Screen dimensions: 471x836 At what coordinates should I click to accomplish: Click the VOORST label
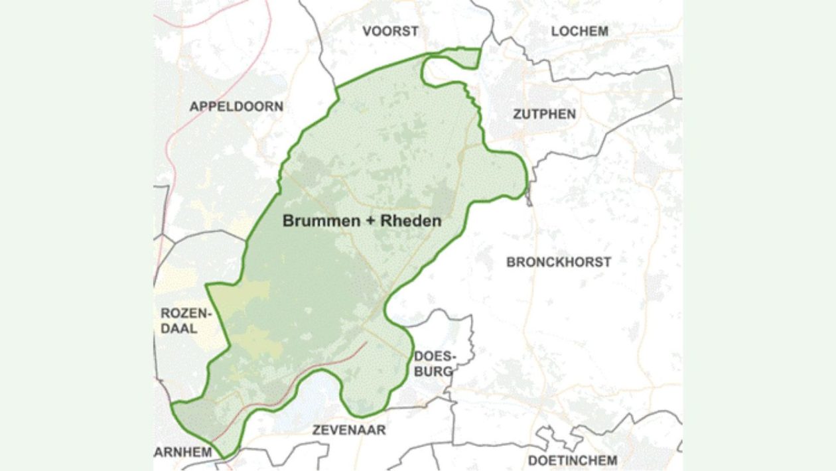coord(391,31)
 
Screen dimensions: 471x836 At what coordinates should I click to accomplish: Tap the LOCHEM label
coord(579,31)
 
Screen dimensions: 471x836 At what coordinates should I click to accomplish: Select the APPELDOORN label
coord(236,106)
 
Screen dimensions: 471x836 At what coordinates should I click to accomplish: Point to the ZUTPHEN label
coord(544,114)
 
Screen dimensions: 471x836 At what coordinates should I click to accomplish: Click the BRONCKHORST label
coord(559,262)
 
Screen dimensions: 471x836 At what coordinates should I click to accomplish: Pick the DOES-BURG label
coord(433,364)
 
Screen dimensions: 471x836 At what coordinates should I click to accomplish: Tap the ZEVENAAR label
coord(349,430)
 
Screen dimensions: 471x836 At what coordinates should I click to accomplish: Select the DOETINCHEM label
coord(572,460)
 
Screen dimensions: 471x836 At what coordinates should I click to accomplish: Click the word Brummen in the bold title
coord(322,222)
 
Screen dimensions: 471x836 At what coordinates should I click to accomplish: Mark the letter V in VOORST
coord(367,31)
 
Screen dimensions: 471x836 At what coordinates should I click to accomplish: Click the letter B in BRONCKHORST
coord(511,262)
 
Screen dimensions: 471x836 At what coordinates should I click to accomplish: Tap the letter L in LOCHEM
coord(555,31)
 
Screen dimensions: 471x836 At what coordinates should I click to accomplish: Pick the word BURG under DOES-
coord(433,371)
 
